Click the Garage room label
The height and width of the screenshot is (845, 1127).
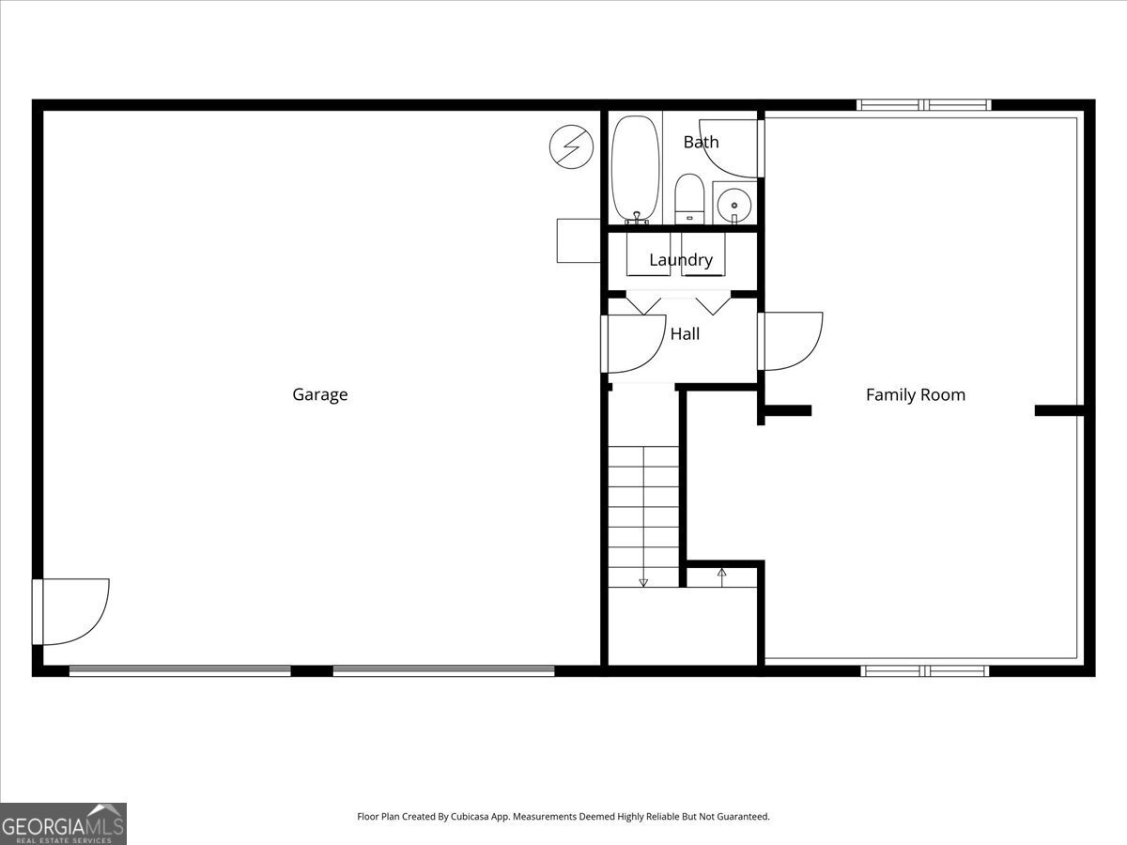pyautogui.click(x=319, y=394)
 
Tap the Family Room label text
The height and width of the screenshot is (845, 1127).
pyautogui.click(x=915, y=395)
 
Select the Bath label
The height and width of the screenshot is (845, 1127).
pyautogui.click(x=701, y=142)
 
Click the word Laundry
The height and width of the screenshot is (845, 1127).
pyautogui.click(x=681, y=260)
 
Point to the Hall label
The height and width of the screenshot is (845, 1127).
pyautogui.click(x=685, y=333)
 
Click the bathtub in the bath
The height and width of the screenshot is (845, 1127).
pyautogui.click(x=636, y=168)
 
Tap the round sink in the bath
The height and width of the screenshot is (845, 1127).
pyautogui.click(x=733, y=204)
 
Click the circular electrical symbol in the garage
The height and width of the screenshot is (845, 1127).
pyautogui.click(x=571, y=147)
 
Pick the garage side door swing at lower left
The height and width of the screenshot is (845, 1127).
pyautogui.click(x=73, y=611)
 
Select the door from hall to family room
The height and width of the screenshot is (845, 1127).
pyautogui.click(x=792, y=341)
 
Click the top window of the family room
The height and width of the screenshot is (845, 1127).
pyautogui.click(x=924, y=105)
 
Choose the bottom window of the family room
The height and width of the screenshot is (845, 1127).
pyautogui.click(x=925, y=670)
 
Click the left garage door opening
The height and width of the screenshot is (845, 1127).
pyautogui.click(x=180, y=670)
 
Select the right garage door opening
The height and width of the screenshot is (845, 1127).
pyautogui.click(x=443, y=670)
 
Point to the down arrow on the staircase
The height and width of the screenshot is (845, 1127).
pyautogui.click(x=643, y=581)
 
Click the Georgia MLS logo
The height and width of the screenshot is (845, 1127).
pyautogui.click(x=63, y=823)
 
